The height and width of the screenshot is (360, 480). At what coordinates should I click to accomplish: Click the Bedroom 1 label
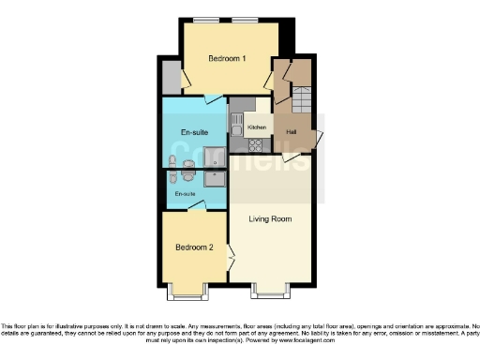227,59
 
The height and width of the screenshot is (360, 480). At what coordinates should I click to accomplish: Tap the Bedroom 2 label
195,247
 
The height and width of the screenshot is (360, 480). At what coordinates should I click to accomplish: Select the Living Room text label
269,219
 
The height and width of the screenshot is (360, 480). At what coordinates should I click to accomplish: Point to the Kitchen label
257,127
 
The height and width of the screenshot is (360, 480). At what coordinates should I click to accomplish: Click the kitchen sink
236,123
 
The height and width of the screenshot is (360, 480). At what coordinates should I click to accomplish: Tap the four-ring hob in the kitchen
255,145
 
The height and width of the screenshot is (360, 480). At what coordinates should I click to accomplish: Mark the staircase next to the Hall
302,99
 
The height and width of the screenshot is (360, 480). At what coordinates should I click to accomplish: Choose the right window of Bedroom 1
247,20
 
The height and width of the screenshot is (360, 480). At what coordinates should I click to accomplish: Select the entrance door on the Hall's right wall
319,139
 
